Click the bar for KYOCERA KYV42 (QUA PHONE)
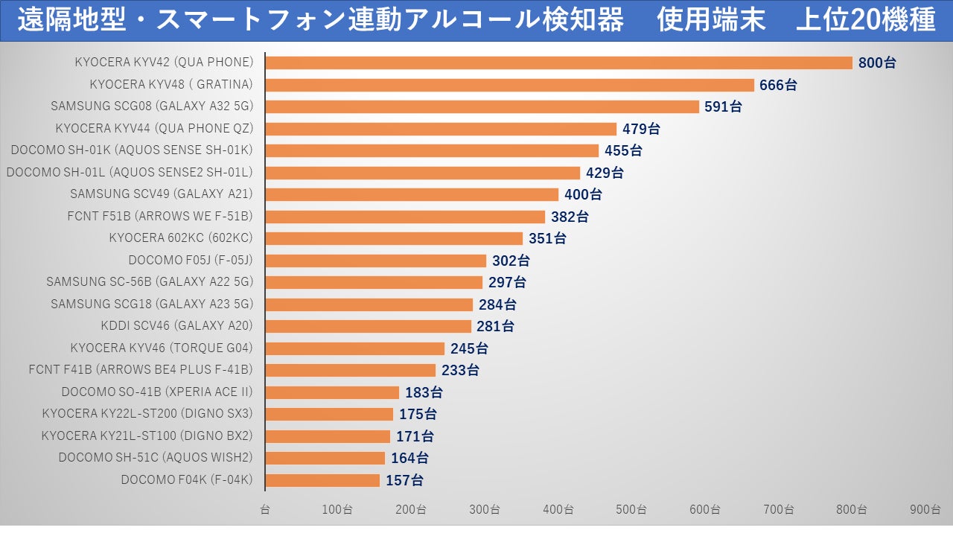[558, 63]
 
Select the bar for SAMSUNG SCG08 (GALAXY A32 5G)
[482, 106]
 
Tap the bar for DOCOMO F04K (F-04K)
[322, 480]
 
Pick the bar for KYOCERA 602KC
[394, 238]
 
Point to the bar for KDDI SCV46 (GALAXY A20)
[368, 326]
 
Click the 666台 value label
[778, 85]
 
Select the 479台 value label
[641, 129]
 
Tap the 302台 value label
[511, 261]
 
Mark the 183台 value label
[424, 392]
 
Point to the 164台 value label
[409, 458]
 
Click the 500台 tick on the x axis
[631, 510]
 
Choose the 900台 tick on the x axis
[925, 510]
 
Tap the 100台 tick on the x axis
[337, 510]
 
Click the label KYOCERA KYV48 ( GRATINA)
[171, 84]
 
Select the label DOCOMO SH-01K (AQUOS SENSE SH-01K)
[132, 150]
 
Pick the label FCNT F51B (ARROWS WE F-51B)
[160, 217]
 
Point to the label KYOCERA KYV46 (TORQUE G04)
[162, 348]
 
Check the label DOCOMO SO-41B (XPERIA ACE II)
[157, 392]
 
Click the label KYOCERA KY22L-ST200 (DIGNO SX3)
[147, 414]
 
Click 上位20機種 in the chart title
[865, 20]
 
